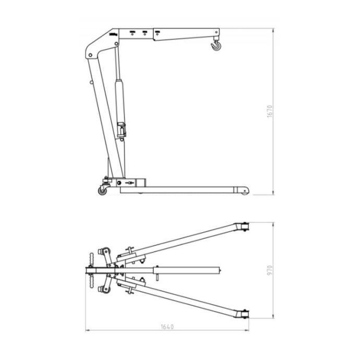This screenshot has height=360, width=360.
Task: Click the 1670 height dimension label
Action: coord(270,111)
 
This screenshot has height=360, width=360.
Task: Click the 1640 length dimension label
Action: coord(167,327)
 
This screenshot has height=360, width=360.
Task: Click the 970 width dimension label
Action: coord(270,270)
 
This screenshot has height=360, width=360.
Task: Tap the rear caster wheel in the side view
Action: coord(102,191)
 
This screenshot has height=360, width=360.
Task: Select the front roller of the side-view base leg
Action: coord(245,191)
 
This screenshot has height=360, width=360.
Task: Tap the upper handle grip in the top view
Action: coord(92,259)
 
